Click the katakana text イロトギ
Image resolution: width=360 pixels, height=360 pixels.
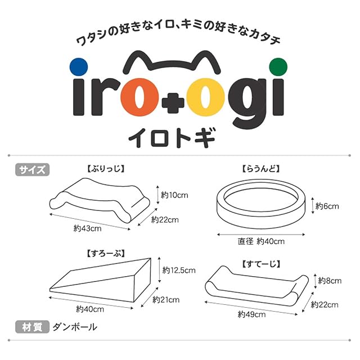coord(179,137)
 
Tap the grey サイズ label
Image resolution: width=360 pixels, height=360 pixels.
coord(33,169)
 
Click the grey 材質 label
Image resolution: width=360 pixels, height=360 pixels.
coord(31,326)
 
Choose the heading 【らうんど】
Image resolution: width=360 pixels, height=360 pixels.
coord(261,168)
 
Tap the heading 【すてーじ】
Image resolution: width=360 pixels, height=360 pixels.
coord(261,263)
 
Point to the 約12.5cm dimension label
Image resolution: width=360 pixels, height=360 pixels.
coord(178,270)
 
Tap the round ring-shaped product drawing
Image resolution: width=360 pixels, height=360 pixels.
coord(261,202)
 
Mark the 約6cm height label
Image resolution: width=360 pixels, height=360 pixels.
coord(327,206)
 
